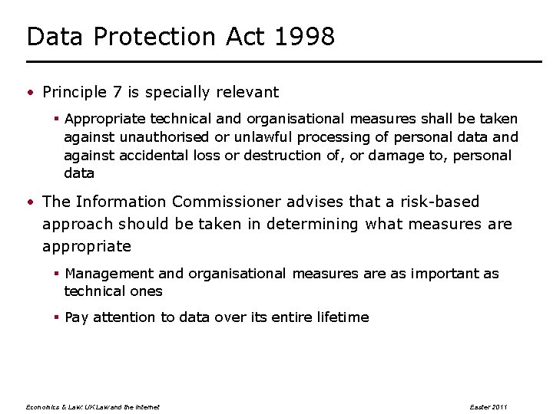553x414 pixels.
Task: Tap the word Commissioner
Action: (x=227, y=202)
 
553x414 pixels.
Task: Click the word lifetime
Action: (x=339, y=317)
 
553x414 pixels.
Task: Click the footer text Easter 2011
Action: (x=488, y=406)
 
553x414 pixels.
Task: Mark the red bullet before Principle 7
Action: (x=30, y=94)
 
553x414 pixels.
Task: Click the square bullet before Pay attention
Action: (x=58, y=317)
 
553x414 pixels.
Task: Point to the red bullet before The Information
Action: (x=30, y=203)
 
